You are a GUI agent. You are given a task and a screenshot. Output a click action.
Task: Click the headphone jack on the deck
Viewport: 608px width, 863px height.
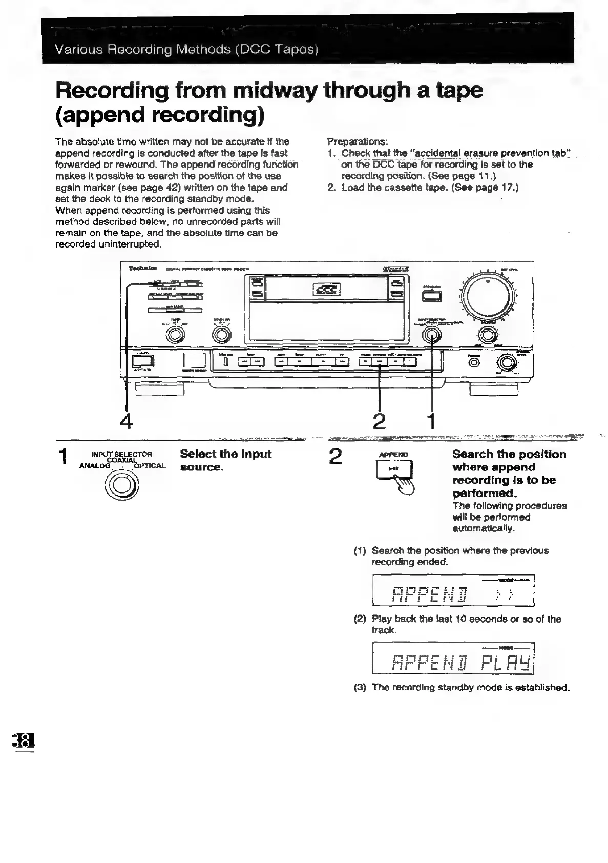[x=474, y=362]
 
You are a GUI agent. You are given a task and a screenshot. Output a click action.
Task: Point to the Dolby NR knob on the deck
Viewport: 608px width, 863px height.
[x=222, y=335]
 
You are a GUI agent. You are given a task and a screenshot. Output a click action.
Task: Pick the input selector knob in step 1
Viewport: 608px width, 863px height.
[x=121, y=485]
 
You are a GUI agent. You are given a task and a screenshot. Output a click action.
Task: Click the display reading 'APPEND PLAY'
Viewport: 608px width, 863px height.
[x=454, y=658]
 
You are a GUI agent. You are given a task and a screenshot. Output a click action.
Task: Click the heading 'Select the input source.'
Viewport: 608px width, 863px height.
[x=225, y=460]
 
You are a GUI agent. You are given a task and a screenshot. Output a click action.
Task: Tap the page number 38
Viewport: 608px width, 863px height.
[x=24, y=742]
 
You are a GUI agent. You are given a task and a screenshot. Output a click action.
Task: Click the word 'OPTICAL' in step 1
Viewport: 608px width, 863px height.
[x=150, y=466]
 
